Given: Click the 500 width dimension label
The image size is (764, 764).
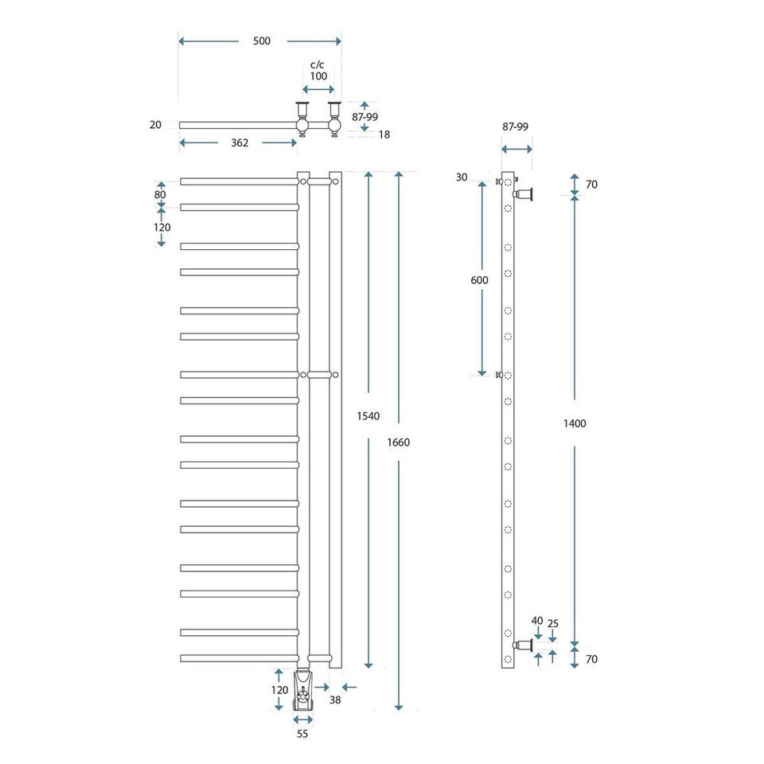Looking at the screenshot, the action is pyautogui.click(x=262, y=41).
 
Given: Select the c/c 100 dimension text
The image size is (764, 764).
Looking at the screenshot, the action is pyautogui.click(x=318, y=71).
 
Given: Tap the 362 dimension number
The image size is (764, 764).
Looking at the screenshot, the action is pyautogui.click(x=240, y=142).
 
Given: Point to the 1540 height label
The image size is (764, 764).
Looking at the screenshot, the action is pyautogui.click(x=368, y=416).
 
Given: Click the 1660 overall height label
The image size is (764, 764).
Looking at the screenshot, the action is pyautogui.click(x=399, y=442).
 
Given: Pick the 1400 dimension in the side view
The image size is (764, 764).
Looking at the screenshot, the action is pyautogui.click(x=575, y=423).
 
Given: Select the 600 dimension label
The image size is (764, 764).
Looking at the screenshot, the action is pyautogui.click(x=479, y=280).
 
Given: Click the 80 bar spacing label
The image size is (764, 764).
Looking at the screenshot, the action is pyautogui.click(x=160, y=194).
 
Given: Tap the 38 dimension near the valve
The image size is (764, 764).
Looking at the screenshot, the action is pyautogui.click(x=335, y=700).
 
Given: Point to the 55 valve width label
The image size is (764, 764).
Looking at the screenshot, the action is pyautogui.click(x=302, y=734).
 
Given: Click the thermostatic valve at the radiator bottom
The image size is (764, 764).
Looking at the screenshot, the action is pyautogui.click(x=302, y=691).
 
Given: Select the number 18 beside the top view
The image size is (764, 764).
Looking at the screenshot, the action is pyautogui.click(x=384, y=135).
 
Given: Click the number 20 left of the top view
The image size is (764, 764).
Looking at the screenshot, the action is pyautogui.click(x=155, y=125).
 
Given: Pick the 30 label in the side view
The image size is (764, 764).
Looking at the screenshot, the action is pyautogui.click(x=462, y=177).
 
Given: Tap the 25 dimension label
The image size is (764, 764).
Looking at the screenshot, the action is pyautogui.click(x=553, y=624).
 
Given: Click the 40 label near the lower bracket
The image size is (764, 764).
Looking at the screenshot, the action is pyautogui.click(x=537, y=621).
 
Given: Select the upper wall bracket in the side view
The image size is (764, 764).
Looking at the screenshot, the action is pyautogui.click(x=524, y=194).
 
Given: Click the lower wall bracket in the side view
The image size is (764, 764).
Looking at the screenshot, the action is pyautogui.click(x=524, y=645).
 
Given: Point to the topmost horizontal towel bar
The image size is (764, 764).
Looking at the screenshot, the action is pyautogui.click(x=240, y=181).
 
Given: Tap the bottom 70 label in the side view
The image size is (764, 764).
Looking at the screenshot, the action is pyautogui.click(x=591, y=659).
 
